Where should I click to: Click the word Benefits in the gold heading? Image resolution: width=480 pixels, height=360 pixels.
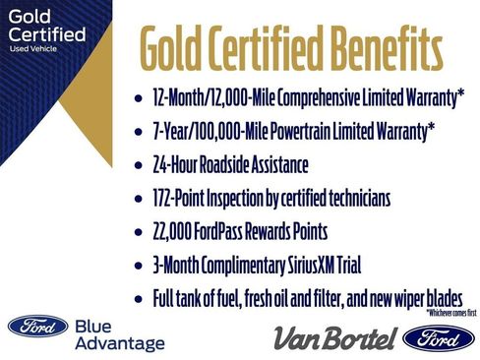pos(378,45)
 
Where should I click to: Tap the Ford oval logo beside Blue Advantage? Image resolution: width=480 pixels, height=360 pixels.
pos(37,327)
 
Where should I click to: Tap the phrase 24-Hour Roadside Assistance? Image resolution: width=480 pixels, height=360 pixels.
pos(237,165)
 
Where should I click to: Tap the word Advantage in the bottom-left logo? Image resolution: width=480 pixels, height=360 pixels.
pos(119,343)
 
